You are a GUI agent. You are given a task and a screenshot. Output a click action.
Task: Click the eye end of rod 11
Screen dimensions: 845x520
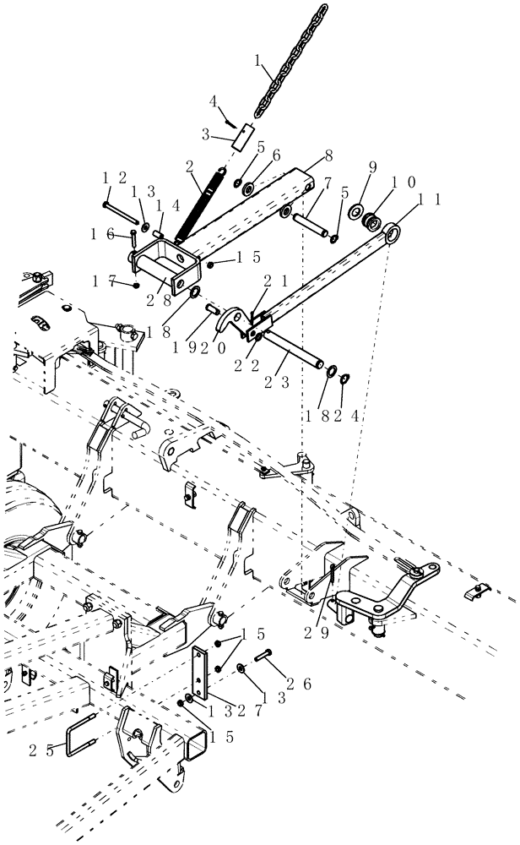[393, 231]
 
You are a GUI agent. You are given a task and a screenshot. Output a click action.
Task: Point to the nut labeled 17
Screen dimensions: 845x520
[137, 285]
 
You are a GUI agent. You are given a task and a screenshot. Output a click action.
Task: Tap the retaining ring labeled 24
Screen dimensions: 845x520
[346, 378]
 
